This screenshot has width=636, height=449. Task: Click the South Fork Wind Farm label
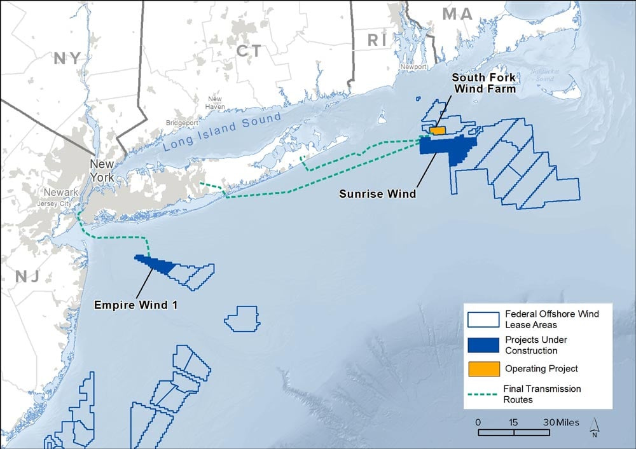tap(483, 83)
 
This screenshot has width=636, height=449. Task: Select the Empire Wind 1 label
tap(135, 305)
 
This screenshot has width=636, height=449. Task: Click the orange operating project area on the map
tap(437, 130)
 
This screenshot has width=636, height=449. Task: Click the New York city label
tap(101, 170)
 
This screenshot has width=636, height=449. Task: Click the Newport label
tap(414, 66)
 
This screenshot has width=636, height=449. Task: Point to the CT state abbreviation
tap(248, 51)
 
